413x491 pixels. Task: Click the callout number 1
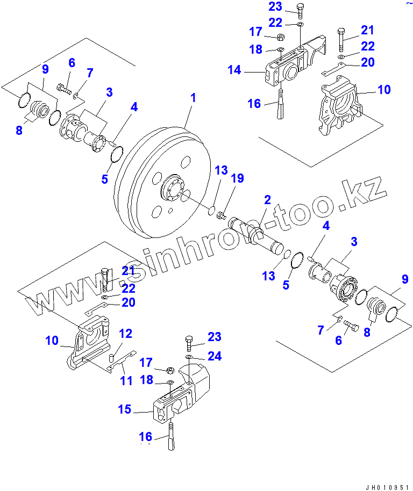click(193, 98)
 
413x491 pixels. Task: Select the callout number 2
click(267, 200)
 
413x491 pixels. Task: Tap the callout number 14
click(234, 70)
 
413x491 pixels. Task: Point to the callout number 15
click(125, 409)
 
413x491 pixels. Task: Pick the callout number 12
click(125, 334)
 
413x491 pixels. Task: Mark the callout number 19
click(237, 178)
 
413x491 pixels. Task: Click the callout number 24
click(214, 356)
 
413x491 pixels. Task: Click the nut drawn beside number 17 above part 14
click(280, 37)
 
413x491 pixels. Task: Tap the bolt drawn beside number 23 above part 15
click(189, 340)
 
